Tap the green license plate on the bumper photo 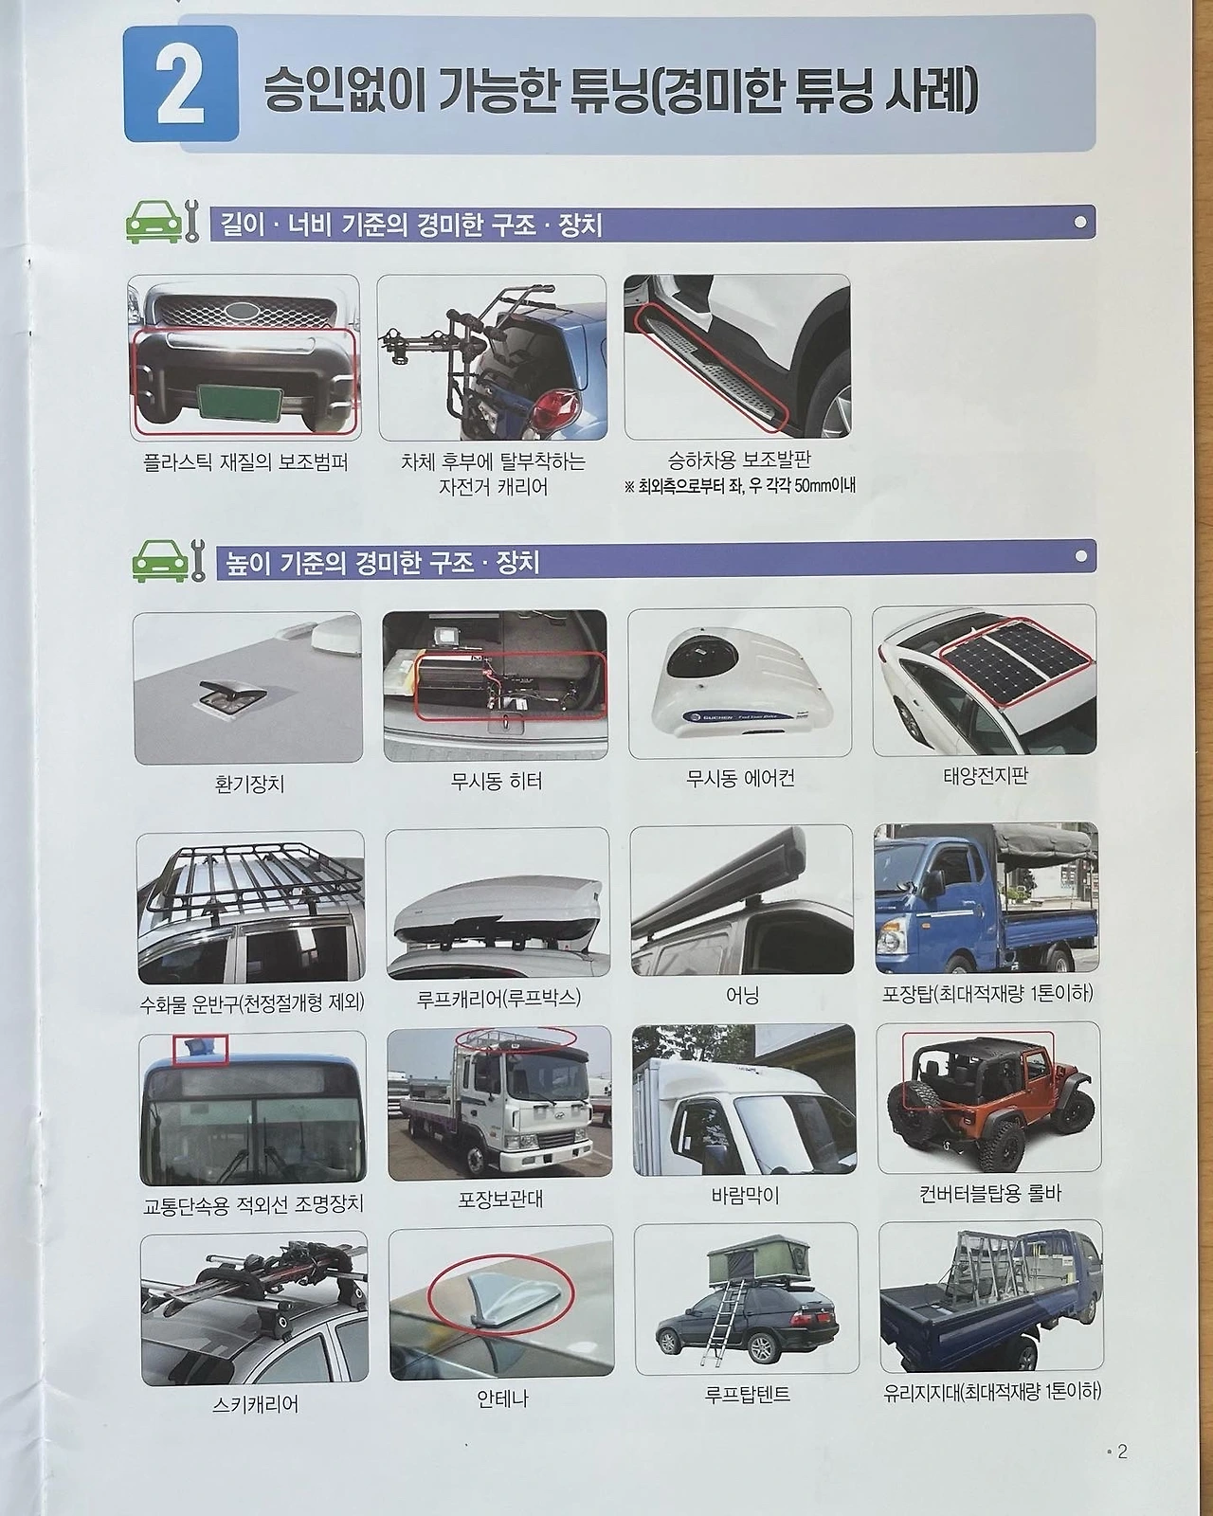coord(241,403)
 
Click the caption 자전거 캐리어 coord(493,487)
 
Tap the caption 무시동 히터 coord(497,782)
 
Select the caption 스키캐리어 coord(254,1405)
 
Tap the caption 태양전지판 coord(986,776)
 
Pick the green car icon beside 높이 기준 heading coord(161,562)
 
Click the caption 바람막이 coord(745,1195)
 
